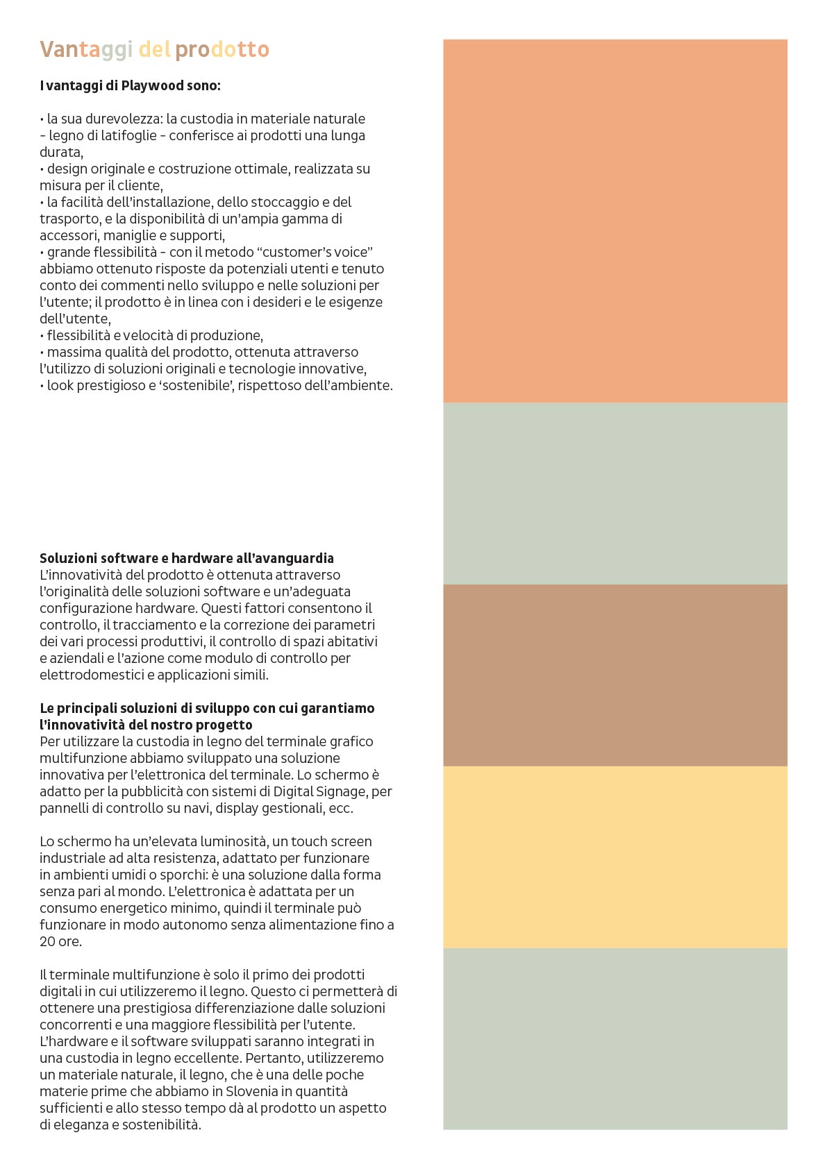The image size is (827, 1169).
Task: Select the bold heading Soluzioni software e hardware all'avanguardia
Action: pyautogui.click(x=187, y=558)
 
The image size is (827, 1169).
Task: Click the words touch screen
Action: pyautogui.click(x=331, y=841)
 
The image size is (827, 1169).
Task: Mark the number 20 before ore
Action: pyautogui.click(x=47, y=942)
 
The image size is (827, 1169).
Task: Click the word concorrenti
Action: pyautogui.click(x=74, y=1025)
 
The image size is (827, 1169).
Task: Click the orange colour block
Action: pyautogui.click(x=615, y=221)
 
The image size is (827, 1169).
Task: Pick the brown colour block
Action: pyautogui.click(x=615, y=675)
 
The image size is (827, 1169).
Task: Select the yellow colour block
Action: pyautogui.click(x=615, y=857)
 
